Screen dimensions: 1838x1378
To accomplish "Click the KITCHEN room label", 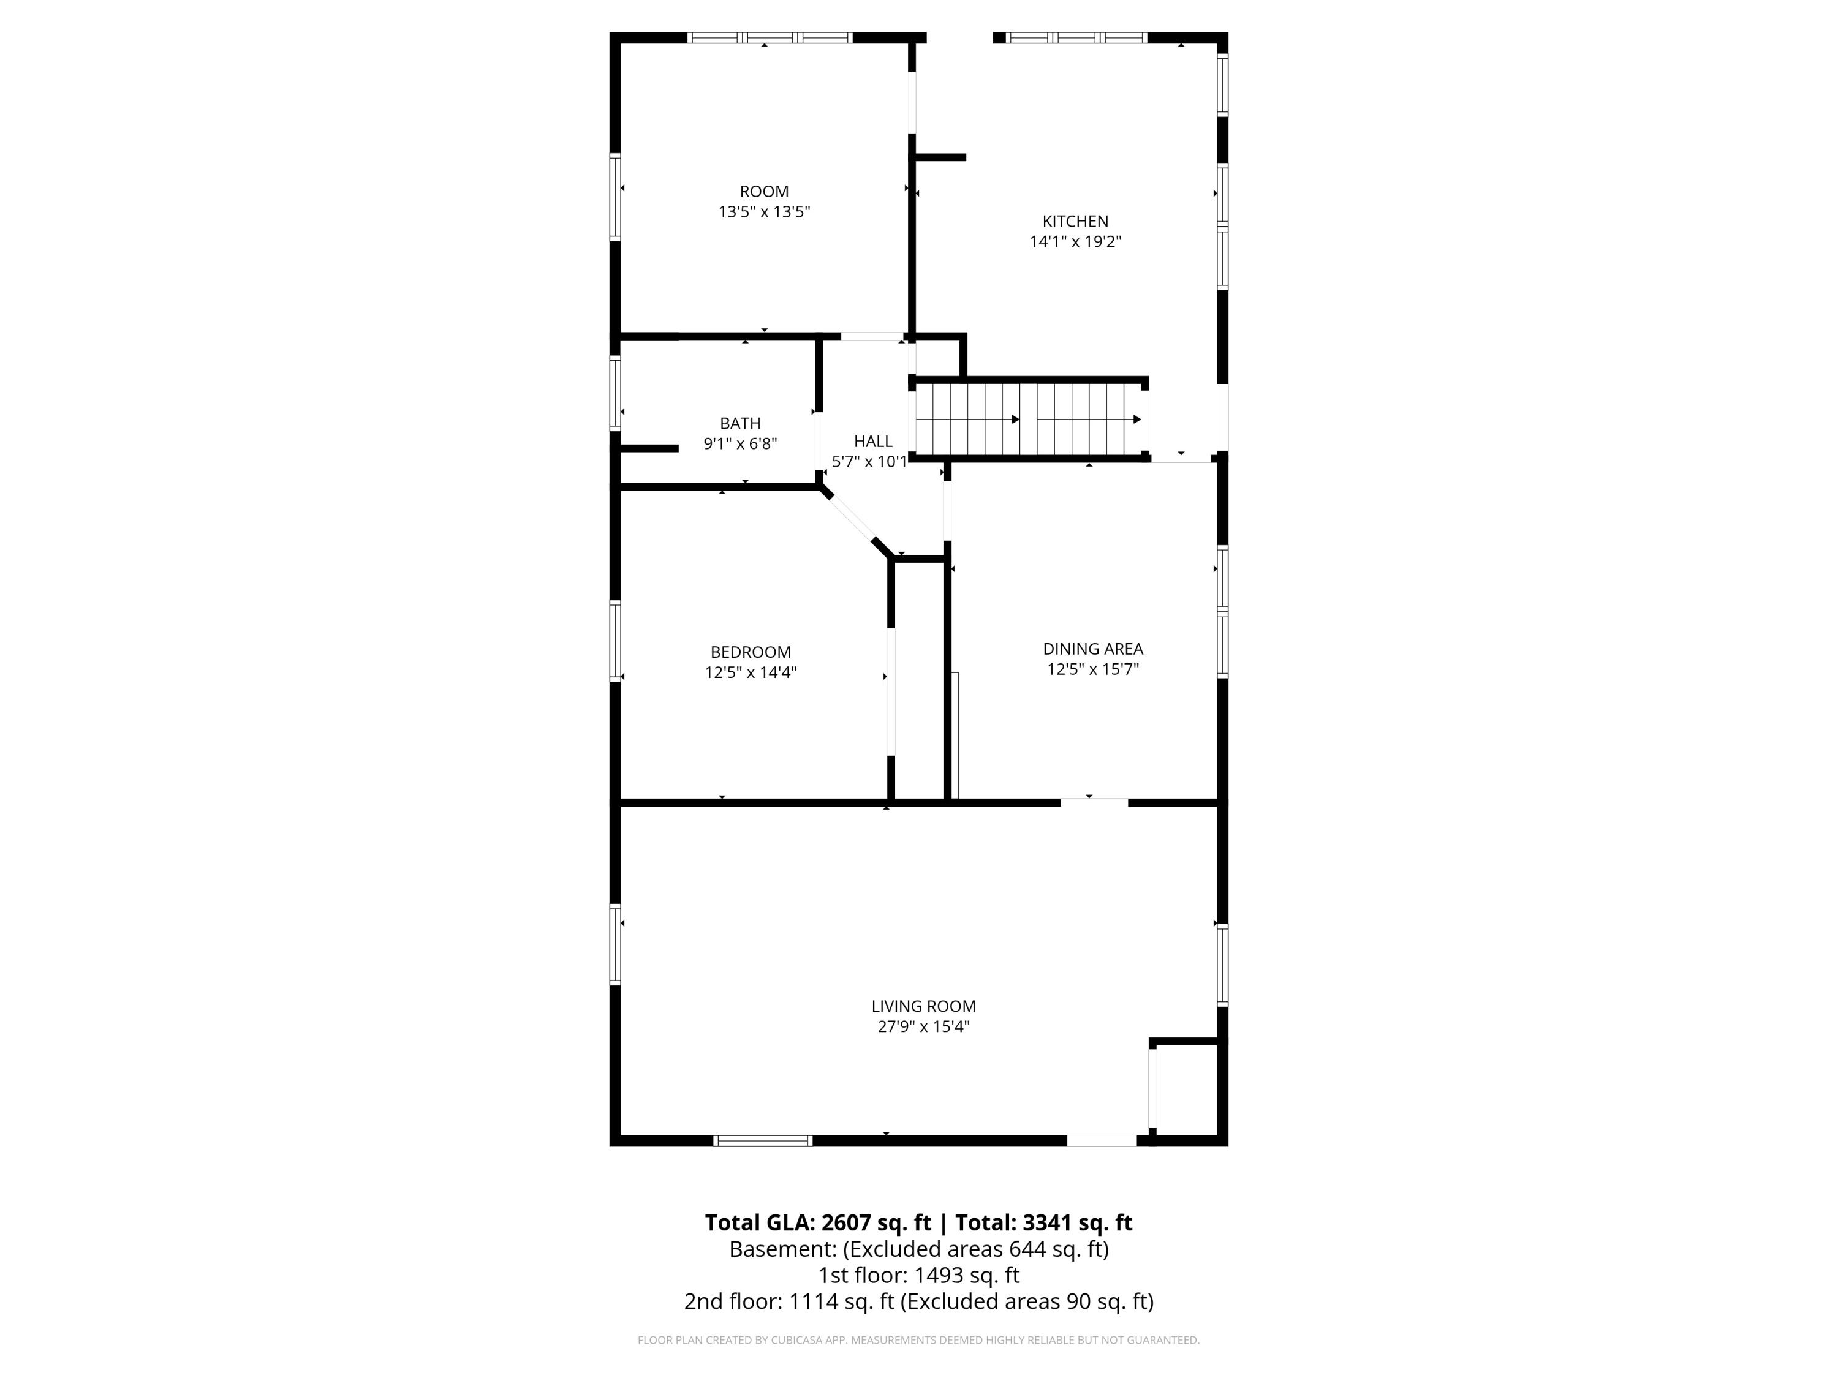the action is coord(1075,221).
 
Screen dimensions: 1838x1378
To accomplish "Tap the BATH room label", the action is coord(740,424).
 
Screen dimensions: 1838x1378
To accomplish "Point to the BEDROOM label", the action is coord(751,652).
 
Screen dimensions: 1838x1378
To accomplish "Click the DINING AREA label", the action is coord(1092,649).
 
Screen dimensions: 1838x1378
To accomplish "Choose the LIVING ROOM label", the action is coord(923,1006).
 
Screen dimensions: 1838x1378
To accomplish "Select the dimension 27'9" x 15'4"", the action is coord(923,1026).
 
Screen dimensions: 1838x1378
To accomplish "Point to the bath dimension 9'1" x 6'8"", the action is coord(740,443).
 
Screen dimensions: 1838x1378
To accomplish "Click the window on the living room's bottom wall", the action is coord(763,1140).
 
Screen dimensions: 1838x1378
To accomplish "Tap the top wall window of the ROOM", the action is coord(770,37).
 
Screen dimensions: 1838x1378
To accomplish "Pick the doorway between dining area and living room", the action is coord(1094,802).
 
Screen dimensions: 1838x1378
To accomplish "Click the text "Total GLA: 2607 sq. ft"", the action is coord(818,1222).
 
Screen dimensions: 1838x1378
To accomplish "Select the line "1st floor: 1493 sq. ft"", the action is coord(918,1275).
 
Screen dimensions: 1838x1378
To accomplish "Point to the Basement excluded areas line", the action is coord(918,1249).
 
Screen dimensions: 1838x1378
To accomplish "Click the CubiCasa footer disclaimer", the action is coord(918,1340).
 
